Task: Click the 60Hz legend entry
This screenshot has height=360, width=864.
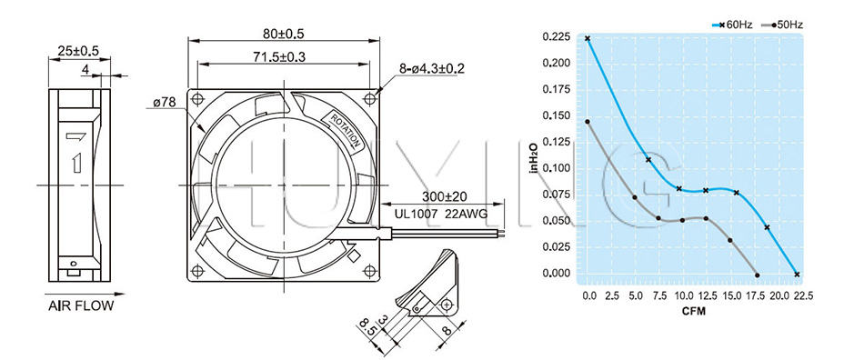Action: coord(731,25)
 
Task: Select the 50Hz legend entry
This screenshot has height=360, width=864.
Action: coord(782,25)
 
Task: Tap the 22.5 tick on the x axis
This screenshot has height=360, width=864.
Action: coord(802,296)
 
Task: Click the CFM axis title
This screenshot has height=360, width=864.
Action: coord(694,311)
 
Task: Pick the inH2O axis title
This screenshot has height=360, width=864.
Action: coord(533,157)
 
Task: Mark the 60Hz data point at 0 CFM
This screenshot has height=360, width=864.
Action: coord(588,38)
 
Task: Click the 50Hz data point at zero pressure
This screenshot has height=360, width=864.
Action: coord(757,275)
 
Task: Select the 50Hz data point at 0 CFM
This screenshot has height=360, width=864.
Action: coord(588,122)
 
